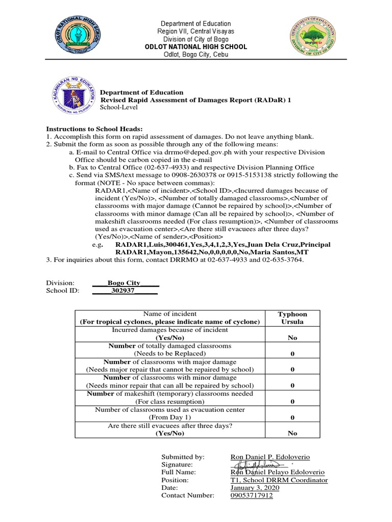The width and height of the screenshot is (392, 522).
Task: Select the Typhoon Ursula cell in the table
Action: pos(292,318)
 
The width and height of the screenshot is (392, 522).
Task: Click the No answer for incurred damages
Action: pos(292,338)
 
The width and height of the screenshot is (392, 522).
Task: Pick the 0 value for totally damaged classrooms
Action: pos(292,354)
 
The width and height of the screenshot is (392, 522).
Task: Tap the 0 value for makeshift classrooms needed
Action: pos(292,401)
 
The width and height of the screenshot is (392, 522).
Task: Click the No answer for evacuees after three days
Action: pos(292,433)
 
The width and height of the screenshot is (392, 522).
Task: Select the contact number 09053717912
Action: pos(252,495)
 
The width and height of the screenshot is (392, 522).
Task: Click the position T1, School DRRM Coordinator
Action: pos(279,480)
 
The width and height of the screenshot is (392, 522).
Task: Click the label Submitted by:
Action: pos(183,457)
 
